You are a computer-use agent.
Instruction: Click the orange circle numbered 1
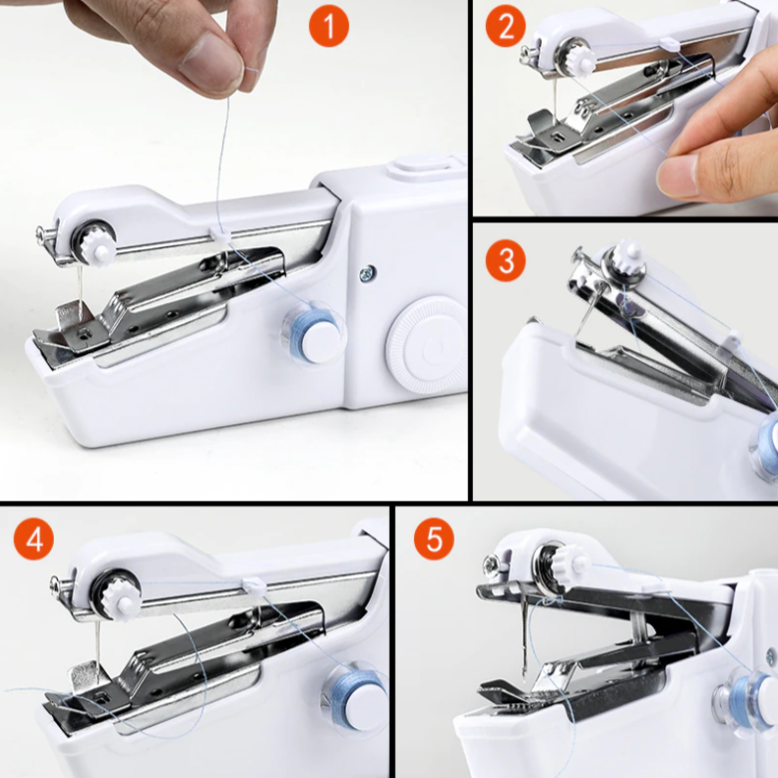[x=329, y=26]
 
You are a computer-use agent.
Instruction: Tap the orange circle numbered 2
[x=505, y=27]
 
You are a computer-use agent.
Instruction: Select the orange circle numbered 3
[x=506, y=261]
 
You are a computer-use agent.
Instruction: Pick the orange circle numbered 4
[x=34, y=540]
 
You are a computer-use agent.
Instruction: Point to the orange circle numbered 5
[x=434, y=540]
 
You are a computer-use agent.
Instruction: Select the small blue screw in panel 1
[x=367, y=272]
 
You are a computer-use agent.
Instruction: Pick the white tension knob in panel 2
[x=581, y=59]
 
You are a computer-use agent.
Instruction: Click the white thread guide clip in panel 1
[x=219, y=233]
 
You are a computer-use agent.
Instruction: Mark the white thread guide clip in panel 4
[x=254, y=586]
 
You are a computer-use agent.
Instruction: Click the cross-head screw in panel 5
[x=493, y=562]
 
